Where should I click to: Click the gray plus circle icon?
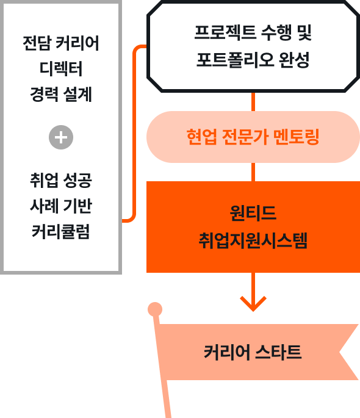coord(61,137)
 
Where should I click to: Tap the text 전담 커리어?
coord(61,43)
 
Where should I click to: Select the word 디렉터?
coord(61,69)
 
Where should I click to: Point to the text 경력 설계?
coord(61,94)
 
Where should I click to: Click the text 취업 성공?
coord(61,180)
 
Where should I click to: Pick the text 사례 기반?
coord(61,206)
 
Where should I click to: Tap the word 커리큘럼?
coord(61,231)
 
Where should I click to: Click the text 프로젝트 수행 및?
coord(253,32)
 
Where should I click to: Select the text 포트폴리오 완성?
coord(253,60)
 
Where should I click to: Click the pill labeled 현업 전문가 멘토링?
coord(253,137)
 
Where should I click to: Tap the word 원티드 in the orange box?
coord(253,213)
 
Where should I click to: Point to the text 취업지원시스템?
coord(253,240)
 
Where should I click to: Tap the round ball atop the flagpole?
coord(155,309)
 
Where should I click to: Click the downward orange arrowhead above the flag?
coord(253,303)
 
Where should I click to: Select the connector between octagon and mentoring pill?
coord(253,102)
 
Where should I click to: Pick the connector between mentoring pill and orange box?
coord(253,172)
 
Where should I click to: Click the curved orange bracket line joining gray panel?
coord(134,133)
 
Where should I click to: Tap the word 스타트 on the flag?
coord(278,352)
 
